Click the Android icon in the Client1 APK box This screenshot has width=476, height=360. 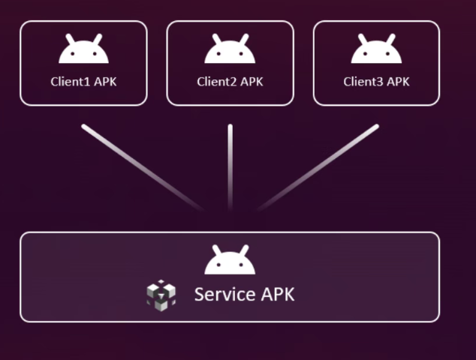[83, 51]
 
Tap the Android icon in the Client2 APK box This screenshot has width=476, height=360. [230, 51]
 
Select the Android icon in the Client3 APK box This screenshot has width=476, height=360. [376, 51]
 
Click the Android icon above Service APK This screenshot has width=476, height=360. [230, 262]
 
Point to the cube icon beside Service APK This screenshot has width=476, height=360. [161, 294]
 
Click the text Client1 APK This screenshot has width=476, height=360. [83, 82]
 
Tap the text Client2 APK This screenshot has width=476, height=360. [230, 82]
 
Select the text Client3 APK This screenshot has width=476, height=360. [376, 82]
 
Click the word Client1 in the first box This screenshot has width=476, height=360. [71, 82]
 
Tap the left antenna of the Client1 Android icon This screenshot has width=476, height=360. [70, 37]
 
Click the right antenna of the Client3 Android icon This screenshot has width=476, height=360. [390, 37]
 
